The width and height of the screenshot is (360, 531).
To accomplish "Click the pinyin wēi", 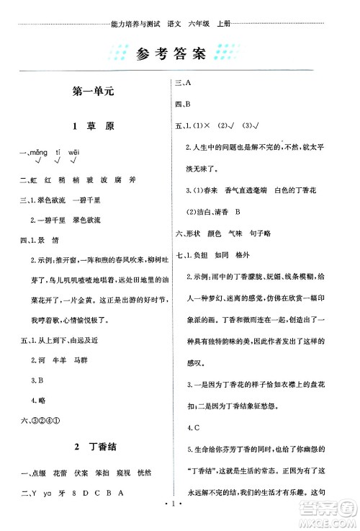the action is point(74,153).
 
